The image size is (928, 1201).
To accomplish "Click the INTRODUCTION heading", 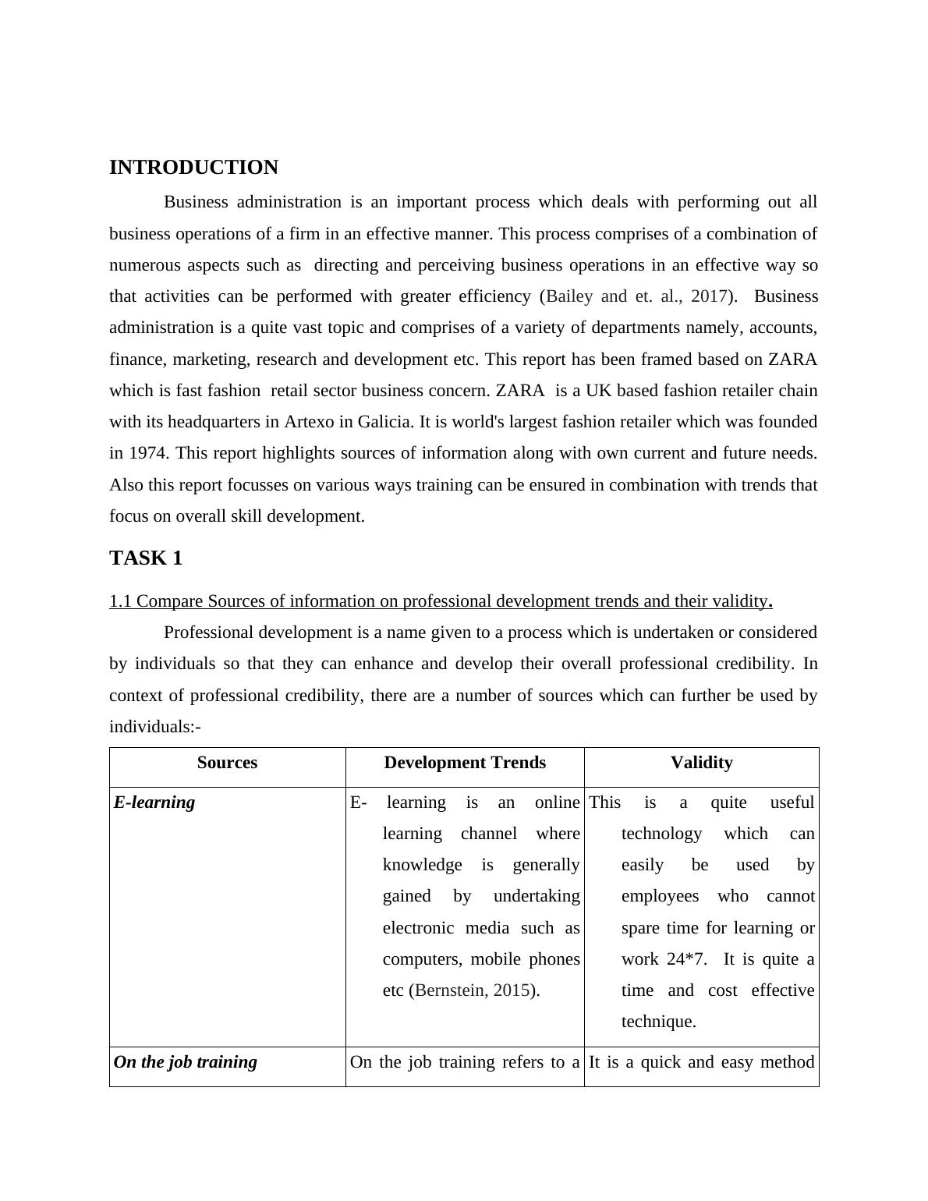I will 193,168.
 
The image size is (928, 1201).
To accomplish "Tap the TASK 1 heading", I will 146,558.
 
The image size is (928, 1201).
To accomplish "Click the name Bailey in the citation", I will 571,296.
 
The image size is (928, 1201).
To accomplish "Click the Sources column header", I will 227,763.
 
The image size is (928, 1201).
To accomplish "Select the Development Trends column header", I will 465,763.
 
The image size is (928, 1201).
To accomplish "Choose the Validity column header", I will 701,763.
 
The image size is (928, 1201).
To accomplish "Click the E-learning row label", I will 154,802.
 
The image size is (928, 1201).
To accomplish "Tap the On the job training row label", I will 186,1062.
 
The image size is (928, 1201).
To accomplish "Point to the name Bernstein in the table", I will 450,990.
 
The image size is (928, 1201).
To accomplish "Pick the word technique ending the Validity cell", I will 657,1022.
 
